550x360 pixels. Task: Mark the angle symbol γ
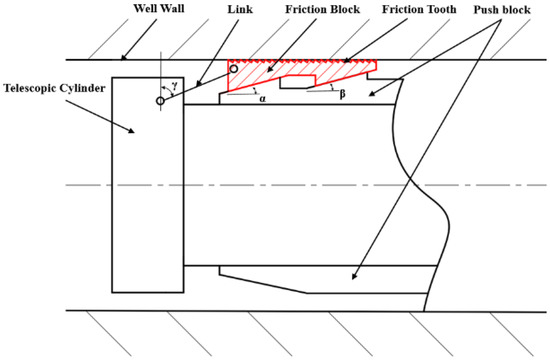tap(175, 86)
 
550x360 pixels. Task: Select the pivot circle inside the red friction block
tap(234, 69)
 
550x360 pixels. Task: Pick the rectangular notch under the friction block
tap(297, 83)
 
